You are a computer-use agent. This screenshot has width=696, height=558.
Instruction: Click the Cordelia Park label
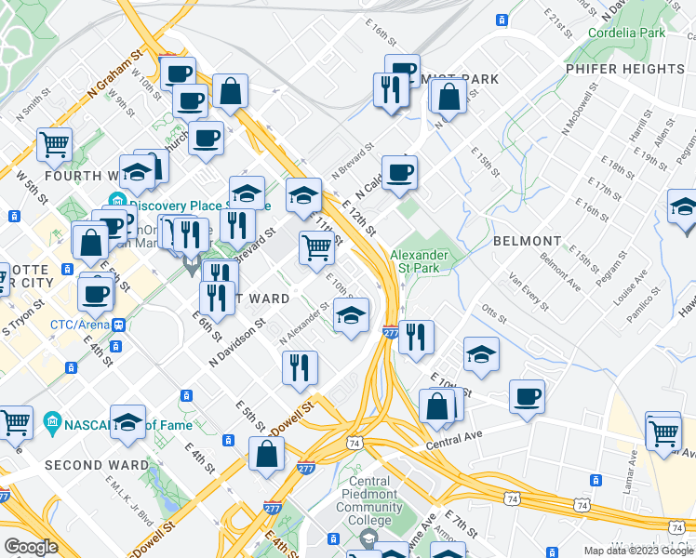pyautogui.click(x=626, y=33)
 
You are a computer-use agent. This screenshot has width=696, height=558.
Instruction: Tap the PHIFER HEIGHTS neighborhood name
pyautogui.click(x=624, y=69)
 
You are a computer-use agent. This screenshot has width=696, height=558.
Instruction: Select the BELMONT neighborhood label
pyautogui.click(x=527, y=241)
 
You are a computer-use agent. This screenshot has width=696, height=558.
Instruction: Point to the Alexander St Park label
pyautogui.click(x=419, y=261)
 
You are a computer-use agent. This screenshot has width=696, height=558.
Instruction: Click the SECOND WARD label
pyautogui.click(x=96, y=465)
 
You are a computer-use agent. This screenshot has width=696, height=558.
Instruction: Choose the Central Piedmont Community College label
pyautogui.click(x=369, y=494)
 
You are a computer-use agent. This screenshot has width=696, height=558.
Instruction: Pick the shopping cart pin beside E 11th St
pyautogui.click(x=317, y=247)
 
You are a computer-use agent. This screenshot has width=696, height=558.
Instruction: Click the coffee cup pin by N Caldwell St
pyautogui.click(x=399, y=172)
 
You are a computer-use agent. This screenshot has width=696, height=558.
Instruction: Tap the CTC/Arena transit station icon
pyautogui.click(x=119, y=325)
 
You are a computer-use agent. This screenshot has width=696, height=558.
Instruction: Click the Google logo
pyautogui.click(x=31, y=546)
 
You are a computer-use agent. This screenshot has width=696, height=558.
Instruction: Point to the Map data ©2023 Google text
pyautogui.click(x=637, y=551)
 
